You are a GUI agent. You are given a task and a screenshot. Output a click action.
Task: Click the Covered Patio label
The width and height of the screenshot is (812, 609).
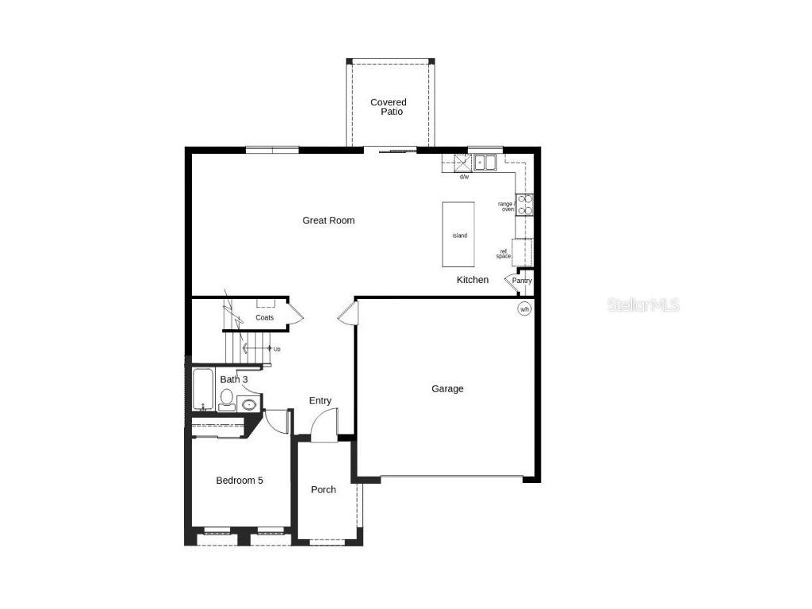coord(389,107)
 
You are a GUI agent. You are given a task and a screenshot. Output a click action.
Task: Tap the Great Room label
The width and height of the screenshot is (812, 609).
coord(328,220)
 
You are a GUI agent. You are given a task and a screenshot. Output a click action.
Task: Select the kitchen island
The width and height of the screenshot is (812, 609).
coord(459,236)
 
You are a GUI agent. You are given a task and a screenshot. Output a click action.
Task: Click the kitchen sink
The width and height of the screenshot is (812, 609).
coord(485,163)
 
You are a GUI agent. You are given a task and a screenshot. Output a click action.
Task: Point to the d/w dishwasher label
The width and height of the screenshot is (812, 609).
coord(464,177)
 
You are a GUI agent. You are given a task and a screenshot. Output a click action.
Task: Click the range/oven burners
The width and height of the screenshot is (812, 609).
coord(525,205)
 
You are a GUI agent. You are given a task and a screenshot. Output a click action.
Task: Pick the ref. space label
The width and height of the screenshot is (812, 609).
coord(504,254)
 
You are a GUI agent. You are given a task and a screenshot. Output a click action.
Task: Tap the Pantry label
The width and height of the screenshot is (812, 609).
coord(522,281)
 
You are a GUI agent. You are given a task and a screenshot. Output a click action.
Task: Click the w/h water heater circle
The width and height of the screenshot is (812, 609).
coord(524,309)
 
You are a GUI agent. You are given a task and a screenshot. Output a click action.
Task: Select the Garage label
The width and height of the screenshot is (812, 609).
coord(447,389)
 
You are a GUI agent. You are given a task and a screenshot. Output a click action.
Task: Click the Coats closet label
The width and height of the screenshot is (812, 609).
coord(265,318)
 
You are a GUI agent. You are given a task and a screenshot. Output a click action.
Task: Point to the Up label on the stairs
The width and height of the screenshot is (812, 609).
coord(276,349)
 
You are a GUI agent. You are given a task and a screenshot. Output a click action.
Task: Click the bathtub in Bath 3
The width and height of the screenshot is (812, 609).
coord(203,389)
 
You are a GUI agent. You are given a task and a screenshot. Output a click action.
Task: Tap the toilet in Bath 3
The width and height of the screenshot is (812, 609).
coord(227,398)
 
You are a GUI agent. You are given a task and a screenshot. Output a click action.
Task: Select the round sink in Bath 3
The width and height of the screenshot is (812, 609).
coord(249,404)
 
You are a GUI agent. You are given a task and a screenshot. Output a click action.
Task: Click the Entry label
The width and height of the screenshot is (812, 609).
coord(320,401)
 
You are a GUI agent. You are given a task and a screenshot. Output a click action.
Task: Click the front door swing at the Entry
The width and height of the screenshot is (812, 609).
coord(324,426)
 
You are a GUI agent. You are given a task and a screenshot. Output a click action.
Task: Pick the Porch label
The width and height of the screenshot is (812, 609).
coord(324,490)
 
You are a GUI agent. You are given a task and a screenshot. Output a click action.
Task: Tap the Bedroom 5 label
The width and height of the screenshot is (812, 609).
coord(239,481)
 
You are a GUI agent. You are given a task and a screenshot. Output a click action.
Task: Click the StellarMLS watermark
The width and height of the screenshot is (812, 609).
coord(644,304)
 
